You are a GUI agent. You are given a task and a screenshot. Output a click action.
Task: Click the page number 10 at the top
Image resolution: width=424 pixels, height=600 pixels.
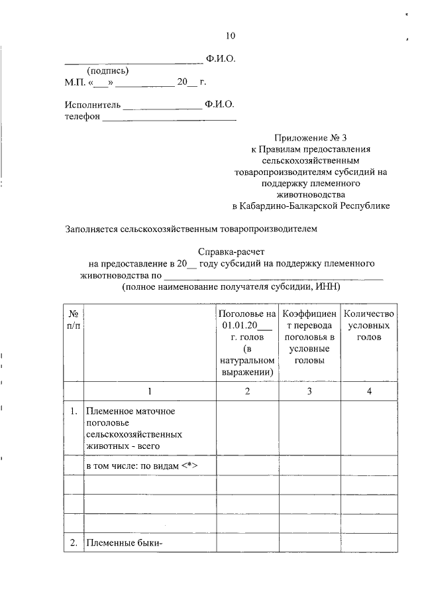pyautogui.click(x=230, y=36)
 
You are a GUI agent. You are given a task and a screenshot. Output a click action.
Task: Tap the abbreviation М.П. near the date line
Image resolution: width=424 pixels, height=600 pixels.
pyautogui.click(x=76, y=83)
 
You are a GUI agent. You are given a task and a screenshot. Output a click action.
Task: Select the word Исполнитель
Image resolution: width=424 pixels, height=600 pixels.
pyautogui.click(x=93, y=105)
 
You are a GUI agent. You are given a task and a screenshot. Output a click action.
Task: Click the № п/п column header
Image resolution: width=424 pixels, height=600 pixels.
pyautogui.click(x=74, y=319)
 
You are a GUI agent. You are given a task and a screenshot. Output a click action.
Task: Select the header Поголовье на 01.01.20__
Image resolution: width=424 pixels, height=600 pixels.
pyautogui.click(x=247, y=319)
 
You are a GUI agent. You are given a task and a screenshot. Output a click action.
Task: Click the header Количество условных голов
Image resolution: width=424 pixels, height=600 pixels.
pyautogui.click(x=369, y=325)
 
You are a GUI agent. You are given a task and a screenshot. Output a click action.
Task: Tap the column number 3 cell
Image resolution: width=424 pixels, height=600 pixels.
pyautogui.click(x=309, y=391)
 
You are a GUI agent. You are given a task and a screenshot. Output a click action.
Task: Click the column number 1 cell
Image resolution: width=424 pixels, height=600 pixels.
pyautogui.click(x=150, y=391)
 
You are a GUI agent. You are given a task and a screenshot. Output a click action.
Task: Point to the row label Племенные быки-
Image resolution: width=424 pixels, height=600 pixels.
pyautogui.click(x=125, y=544)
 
